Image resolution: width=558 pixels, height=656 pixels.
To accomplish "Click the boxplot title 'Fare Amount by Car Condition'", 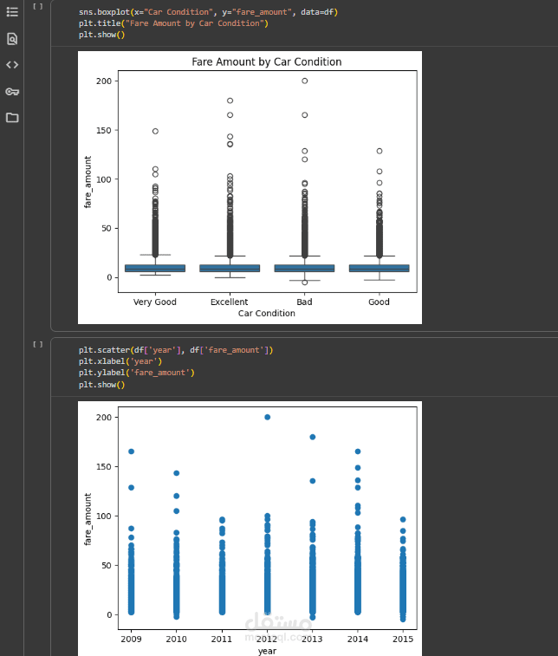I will [x=266, y=62].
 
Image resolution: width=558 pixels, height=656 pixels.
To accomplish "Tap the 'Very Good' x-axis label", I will [x=155, y=302].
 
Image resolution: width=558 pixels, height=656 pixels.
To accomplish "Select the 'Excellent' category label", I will [x=230, y=302].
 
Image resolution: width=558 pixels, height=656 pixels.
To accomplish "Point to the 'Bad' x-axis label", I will [x=304, y=302].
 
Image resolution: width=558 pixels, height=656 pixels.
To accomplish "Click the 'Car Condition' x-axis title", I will [x=267, y=314].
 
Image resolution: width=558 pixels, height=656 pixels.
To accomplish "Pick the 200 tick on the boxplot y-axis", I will [x=105, y=81].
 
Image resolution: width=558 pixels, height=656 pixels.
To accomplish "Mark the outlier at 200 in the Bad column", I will [x=304, y=81].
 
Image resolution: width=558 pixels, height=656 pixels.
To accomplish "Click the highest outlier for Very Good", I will [x=155, y=131].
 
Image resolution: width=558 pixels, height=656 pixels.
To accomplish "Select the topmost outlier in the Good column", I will [x=379, y=151].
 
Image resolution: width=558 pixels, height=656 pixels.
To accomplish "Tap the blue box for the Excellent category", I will [x=230, y=268].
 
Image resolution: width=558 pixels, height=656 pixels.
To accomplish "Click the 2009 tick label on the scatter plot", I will [x=131, y=639].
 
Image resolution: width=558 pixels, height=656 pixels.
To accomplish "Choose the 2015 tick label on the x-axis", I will [x=402, y=639].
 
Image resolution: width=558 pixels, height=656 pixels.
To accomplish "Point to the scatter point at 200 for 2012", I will [x=267, y=417].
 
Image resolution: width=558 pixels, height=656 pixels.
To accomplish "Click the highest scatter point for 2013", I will [x=312, y=437].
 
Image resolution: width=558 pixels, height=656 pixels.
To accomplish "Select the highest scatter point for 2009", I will [x=131, y=451].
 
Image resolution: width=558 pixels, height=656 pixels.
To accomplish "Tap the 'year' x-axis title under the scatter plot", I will [x=267, y=650].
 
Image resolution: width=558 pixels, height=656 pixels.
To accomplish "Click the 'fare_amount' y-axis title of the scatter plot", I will [x=88, y=519].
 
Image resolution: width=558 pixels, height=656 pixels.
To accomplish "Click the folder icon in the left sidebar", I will [x=12, y=118].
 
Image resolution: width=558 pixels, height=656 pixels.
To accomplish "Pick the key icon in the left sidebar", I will [x=12, y=92].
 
